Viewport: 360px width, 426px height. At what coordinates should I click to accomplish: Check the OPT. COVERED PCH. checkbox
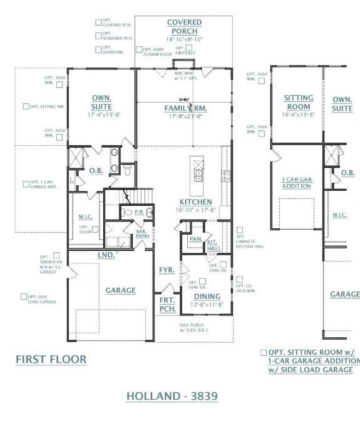(98, 21)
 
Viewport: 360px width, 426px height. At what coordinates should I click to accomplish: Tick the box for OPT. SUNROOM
(98, 49)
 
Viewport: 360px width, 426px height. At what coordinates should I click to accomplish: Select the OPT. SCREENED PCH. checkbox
(98, 35)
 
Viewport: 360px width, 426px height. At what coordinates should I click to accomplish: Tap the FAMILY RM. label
(185, 108)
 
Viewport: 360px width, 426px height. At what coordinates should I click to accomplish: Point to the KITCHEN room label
(195, 202)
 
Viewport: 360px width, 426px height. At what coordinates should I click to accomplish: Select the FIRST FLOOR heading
(51, 359)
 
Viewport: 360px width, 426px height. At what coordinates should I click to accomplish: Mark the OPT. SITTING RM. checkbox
(26, 106)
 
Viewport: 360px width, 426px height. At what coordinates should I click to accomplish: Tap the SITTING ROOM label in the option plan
(298, 103)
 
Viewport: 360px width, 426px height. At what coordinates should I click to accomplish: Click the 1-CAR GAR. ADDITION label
(297, 182)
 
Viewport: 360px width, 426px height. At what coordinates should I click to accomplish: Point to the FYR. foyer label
(167, 270)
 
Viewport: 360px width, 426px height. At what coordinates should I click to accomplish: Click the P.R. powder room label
(139, 212)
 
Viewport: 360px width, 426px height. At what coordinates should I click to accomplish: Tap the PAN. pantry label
(195, 239)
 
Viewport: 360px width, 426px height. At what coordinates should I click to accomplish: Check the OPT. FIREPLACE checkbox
(179, 47)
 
